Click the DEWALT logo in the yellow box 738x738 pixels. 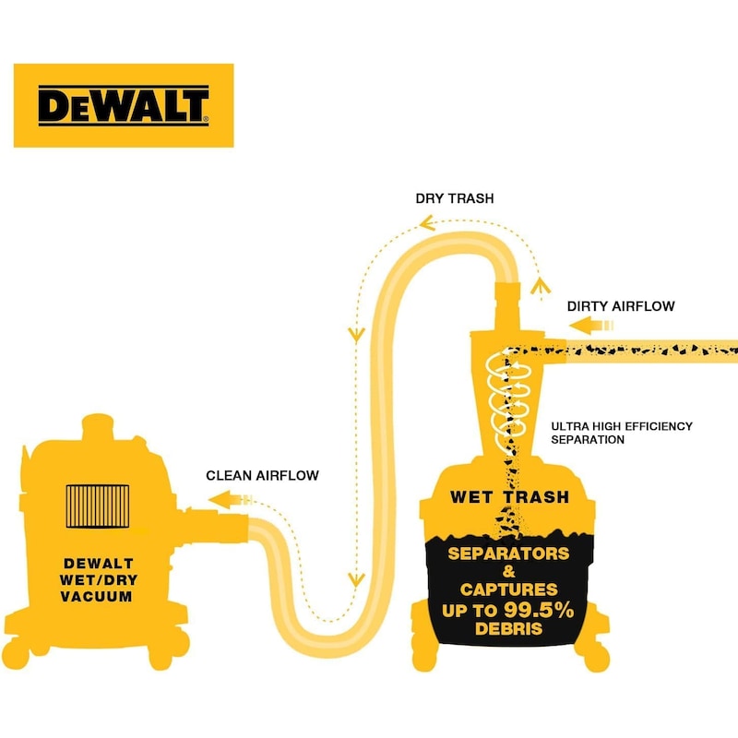tap(123, 105)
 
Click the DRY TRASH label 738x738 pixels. tap(453, 198)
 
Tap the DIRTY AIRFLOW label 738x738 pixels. tap(621, 305)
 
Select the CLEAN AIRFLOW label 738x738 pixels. tap(262, 476)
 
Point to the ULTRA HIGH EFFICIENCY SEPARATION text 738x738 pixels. tap(621, 433)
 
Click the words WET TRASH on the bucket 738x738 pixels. tap(509, 497)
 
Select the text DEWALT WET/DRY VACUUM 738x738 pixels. tap(98, 579)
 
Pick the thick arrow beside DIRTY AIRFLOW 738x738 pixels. tap(590, 326)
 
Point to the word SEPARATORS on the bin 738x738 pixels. tap(508, 554)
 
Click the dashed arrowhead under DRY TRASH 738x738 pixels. tap(427, 221)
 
